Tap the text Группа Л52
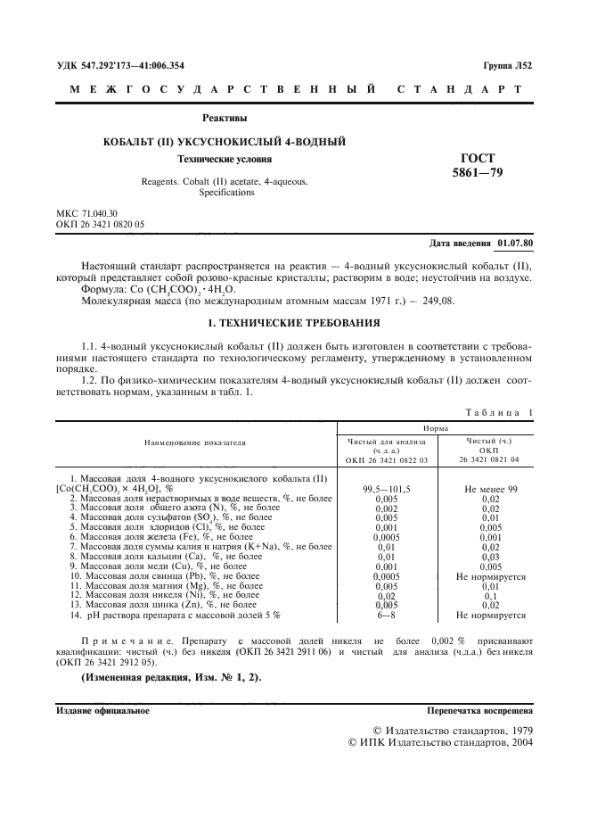[x=507, y=66]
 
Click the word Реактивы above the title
[x=225, y=118]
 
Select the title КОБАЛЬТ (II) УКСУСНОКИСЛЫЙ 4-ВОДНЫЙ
[x=225, y=142]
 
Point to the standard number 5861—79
[x=478, y=172]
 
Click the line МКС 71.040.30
[x=86, y=213]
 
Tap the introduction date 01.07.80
[x=514, y=243]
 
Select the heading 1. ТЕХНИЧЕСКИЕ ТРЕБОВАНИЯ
[x=294, y=322]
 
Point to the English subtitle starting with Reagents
[x=225, y=186]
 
